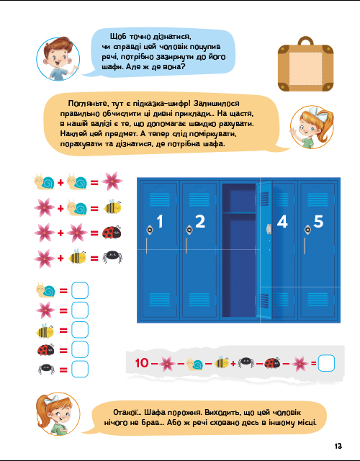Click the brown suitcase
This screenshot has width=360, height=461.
tap(305, 64)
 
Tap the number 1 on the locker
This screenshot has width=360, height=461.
tap(160, 221)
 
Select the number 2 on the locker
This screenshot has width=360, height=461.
tap(200, 221)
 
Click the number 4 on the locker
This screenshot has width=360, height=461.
tap(282, 221)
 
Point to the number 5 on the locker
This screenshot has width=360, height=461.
tap(318, 221)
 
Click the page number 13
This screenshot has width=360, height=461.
tap(338, 446)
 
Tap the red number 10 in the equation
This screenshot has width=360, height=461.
tap(142, 363)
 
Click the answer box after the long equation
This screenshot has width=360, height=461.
tap(326, 363)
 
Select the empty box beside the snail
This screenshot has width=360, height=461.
tap(80, 290)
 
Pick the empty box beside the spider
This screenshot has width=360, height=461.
tap(80, 369)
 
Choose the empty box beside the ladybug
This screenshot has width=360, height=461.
tap(80, 349)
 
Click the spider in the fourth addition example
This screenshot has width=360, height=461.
tap(112, 258)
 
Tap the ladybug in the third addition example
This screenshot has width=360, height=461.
tap(112, 232)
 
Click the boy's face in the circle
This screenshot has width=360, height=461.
tap(58, 59)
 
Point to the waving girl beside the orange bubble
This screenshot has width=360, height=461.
tap(312, 127)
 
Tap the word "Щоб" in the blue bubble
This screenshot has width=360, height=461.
tap(118, 37)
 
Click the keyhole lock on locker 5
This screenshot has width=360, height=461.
tap(307, 229)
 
